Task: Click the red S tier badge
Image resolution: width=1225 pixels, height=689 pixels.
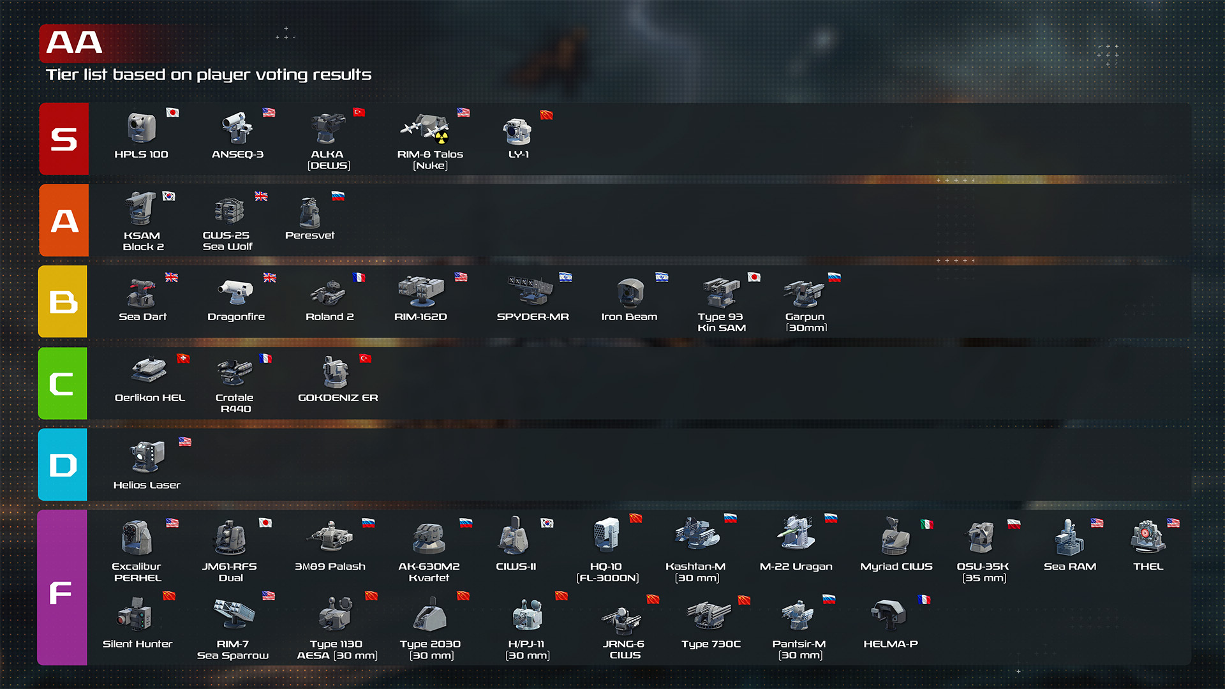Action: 64,138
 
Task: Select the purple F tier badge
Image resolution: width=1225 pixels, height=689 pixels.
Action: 62,587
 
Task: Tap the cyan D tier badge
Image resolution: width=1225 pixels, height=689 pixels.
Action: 63,464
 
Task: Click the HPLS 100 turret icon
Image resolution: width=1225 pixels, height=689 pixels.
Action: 141,128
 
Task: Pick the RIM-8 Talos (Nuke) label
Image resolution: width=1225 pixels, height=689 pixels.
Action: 430,159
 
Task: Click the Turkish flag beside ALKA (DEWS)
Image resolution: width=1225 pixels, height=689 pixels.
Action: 359,112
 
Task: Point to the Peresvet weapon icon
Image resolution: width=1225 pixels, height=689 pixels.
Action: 310,211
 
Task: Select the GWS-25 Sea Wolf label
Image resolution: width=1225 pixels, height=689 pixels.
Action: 227,241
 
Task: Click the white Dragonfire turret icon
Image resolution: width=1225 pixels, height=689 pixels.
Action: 236,292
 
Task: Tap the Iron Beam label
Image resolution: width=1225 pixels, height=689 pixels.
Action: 629,316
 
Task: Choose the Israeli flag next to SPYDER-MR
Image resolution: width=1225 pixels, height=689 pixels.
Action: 565,277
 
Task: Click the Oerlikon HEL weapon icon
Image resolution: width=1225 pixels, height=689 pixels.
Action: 149,369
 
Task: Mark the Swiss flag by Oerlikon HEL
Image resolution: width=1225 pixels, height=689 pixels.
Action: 183,359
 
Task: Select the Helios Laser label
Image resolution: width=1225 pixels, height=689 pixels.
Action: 147,485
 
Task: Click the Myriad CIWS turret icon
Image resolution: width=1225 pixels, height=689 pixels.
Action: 895,537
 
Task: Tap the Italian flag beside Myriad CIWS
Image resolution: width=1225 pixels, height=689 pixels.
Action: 927,524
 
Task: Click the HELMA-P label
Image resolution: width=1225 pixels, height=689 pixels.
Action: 891,644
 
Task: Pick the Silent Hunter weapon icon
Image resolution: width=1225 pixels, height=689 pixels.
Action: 135,614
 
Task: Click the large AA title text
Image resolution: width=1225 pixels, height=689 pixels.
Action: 74,43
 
